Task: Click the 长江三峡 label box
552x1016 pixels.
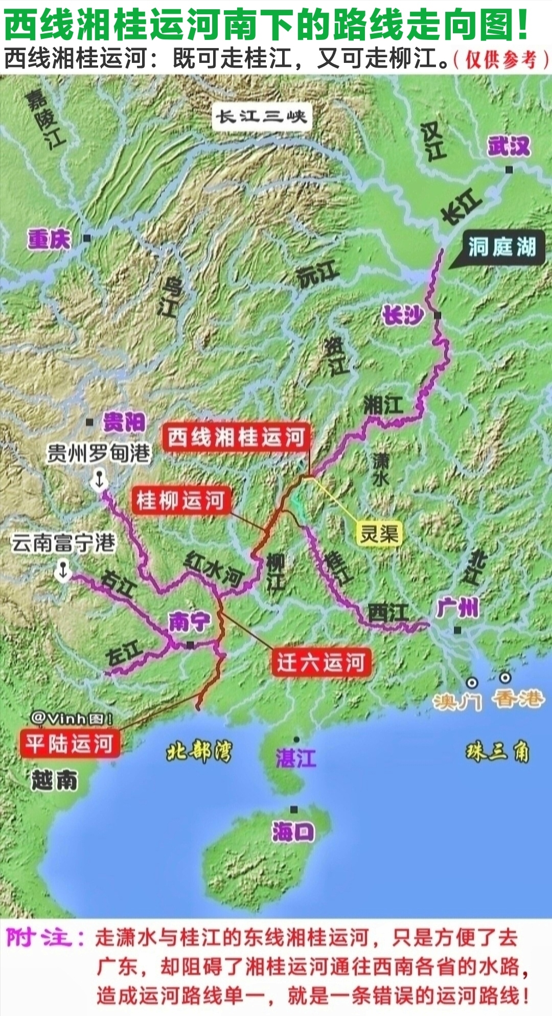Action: pos(261,117)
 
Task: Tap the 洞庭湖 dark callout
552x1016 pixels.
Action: pos(502,247)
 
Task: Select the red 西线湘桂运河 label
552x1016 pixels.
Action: pos(236,437)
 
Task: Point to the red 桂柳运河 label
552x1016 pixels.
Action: pos(180,500)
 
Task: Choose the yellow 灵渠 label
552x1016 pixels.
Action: pos(379,534)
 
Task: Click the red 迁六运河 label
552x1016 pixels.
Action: pos(321,662)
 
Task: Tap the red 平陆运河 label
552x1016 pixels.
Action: pos(70,744)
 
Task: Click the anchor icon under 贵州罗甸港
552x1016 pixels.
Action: pos(99,480)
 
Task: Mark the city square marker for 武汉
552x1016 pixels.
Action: pos(509,169)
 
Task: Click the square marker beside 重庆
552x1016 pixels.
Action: pos(87,238)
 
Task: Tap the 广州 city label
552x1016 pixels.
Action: pos(458,608)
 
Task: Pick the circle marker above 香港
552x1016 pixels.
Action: pos(505,678)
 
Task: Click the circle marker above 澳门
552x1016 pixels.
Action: pos(472,683)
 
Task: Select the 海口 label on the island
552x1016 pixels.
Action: pos(293,832)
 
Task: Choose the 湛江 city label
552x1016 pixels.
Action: pos(295,758)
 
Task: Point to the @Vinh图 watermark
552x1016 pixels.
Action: pos(72,719)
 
